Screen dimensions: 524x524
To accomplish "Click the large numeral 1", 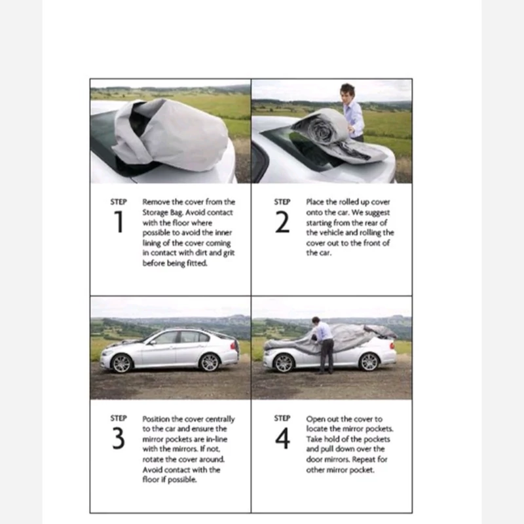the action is [x=119, y=221].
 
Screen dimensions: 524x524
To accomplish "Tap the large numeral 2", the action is [x=282, y=222].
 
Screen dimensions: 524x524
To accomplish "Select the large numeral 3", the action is [x=119, y=438].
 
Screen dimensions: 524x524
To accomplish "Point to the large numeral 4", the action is [x=282, y=438].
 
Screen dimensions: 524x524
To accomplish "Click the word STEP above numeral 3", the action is [x=119, y=418].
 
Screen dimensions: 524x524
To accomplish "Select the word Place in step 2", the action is [x=315, y=202].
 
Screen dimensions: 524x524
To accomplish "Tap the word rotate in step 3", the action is [x=153, y=459].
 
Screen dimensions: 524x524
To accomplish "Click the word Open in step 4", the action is [x=314, y=419].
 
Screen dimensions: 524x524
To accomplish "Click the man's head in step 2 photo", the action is [x=348, y=92].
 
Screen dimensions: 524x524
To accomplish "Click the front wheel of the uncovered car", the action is [x=122, y=364].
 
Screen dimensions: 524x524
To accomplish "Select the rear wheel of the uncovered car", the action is [x=210, y=362].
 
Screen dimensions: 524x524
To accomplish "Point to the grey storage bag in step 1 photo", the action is [x=170, y=134].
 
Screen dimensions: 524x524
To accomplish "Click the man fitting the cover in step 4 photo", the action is [x=323, y=345].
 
